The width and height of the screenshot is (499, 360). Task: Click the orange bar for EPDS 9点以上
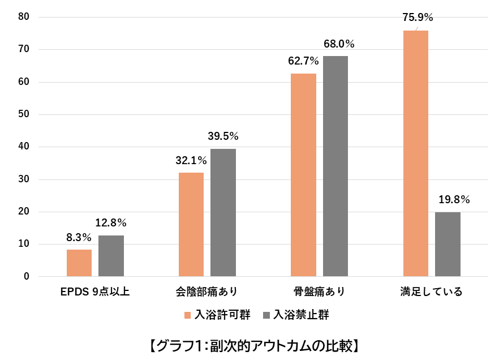[79, 263]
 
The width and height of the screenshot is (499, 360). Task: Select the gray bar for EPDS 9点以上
[111, 256]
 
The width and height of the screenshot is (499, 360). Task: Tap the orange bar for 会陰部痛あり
[191, 225]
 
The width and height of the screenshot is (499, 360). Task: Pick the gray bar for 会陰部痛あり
[223, 213]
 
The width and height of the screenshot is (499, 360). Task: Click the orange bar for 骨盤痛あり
[303, 175]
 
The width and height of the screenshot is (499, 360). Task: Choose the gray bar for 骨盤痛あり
[335, 166]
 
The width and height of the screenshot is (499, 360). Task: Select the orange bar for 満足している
[416, 153]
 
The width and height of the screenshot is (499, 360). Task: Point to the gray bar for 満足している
[448, 245]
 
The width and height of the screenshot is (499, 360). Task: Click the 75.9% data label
[418, 18]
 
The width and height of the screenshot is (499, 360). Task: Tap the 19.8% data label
[454, 199]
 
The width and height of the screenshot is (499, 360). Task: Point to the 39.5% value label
[223, 136]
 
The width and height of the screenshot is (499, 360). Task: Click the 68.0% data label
[339, 44]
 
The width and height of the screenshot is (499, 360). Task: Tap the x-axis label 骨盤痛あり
[319, 292]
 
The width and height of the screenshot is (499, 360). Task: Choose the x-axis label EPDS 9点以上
[95, 292]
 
